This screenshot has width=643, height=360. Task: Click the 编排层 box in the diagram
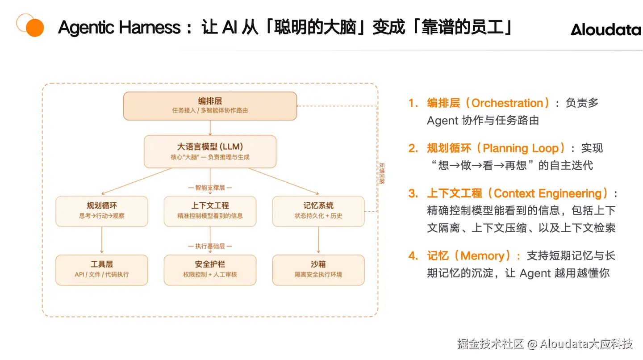pyautogui.click(x=210, y=106)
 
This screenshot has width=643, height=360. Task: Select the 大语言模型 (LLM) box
pyautogui.click(x=210, y=151)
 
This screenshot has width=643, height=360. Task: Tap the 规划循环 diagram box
pyautogui.click(x=102, y=211)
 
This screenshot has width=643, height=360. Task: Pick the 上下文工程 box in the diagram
pyautogui.click(x=210, y=211)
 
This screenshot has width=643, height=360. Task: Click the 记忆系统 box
pyautogui.click(x=318, y=211)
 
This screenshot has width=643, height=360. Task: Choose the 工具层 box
pyautogui.click(x=102, y=270)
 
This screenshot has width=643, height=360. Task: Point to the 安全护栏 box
pyautogui.click(x=210, y=270)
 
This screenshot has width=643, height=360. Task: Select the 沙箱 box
pyautogui.click(x=318, y=270)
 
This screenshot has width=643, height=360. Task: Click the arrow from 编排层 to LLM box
pyautogui.click(x=210, y=128)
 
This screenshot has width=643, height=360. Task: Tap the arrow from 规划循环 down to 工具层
pyautogui.click(x=102, y=240)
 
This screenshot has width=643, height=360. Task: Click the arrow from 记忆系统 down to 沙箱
pyautogui.click(x=318, y=240)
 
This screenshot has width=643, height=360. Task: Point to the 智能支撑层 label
pyautogui.click(x=210, y=188)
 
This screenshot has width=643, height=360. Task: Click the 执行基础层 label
pyautogui.click(x=210, y=246)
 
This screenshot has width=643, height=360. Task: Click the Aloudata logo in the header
pyautogui.click(x=605, y=29)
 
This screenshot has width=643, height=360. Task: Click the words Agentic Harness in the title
pyautogui.click(x=119, y=28)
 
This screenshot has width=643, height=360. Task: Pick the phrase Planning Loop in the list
pyautogui.click(x=521, y=148)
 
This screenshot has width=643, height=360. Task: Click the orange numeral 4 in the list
pyautogui.click(x=412, y=256)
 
